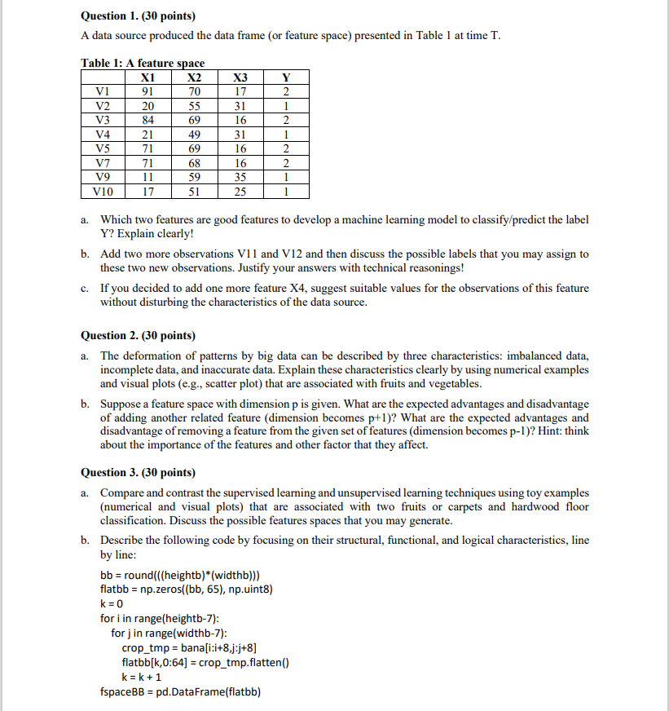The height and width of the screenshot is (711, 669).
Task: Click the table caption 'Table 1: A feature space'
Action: [143, 63]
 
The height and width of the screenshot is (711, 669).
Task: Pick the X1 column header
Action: [148, 77]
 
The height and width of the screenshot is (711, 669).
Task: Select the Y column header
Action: [285, 77]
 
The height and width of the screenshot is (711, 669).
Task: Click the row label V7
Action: [102, 163]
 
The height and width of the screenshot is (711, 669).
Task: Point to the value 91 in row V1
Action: [148, 91]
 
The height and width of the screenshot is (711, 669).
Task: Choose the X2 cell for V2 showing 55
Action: [194, 106]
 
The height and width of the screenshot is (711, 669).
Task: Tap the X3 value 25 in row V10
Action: [240, 192]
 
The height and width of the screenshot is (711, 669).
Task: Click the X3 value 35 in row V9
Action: [240, 178]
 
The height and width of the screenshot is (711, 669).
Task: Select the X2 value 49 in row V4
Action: [194, 135]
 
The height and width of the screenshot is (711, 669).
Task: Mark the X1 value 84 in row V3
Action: [148, 120]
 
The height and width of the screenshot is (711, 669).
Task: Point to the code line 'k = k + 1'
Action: [141, 677]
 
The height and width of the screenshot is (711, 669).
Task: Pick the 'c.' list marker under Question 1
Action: [85, 289]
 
